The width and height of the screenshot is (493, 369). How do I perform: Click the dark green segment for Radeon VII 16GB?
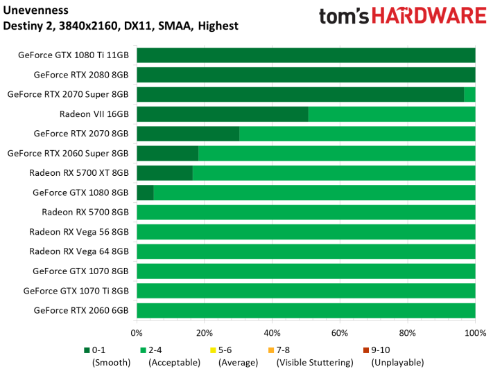click(223, 114)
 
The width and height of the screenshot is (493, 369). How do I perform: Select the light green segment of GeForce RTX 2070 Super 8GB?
click(469, 95)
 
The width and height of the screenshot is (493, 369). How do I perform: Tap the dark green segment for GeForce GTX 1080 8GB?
click(145, 192)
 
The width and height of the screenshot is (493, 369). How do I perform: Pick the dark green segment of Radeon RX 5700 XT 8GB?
click(165, 173)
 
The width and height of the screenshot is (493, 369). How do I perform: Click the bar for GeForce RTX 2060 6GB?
click(306, 311)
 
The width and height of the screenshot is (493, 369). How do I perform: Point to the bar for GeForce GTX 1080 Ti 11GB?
click(306, 55)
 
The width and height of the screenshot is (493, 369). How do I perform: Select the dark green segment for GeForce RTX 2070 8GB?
click(188, 134)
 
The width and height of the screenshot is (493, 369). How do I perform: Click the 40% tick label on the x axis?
click(272, 333)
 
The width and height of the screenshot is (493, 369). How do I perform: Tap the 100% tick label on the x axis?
click(476, 333)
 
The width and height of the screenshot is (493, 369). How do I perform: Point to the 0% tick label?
click(137, 333)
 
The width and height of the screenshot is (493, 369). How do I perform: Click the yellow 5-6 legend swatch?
click(213, 350)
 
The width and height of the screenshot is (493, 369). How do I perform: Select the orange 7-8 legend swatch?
click(270, 350)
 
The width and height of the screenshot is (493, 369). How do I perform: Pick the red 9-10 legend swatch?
click(366, 350)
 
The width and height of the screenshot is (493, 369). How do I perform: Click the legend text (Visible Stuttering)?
click(315, 363)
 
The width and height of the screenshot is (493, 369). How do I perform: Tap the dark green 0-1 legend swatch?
click(87, 350)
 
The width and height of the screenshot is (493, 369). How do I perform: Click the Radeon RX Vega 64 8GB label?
click(79, 251)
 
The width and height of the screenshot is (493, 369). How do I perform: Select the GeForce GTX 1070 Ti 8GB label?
click(76, 291)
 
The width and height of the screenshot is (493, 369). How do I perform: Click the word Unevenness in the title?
click(35, 10)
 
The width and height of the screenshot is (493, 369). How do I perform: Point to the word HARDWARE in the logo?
click(429, 16)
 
